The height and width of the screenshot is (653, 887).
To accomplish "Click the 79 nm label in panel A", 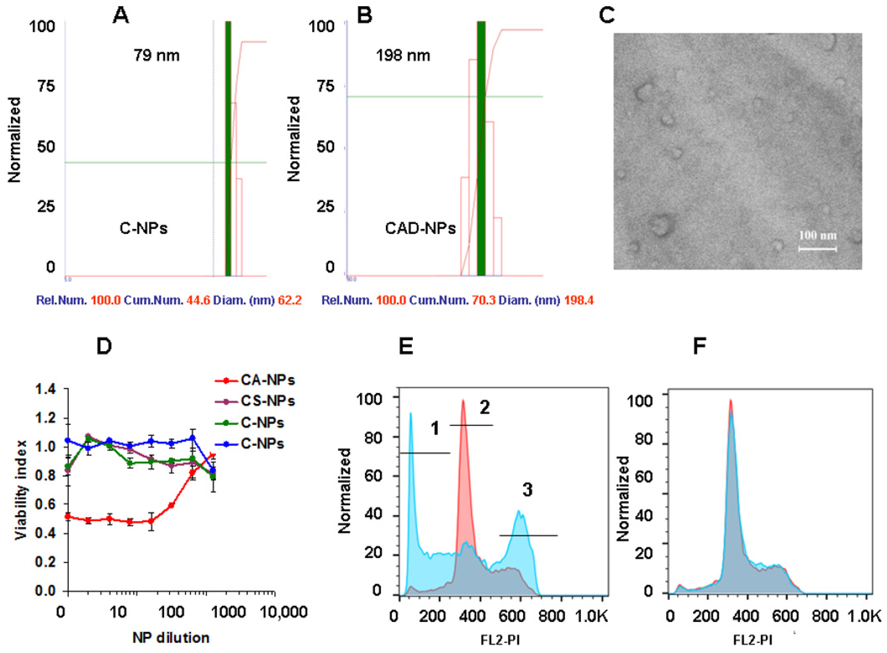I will point(156,55).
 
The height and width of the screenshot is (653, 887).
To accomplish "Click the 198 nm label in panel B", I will point(403,55).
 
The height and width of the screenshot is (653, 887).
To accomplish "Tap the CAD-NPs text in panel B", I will point(420,228).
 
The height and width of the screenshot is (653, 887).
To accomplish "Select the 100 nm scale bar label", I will point(817,236).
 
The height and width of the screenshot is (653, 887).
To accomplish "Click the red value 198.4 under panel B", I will point(579,301).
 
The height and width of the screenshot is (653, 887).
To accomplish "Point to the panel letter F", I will point(699,346).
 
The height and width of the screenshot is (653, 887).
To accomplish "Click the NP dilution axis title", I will point(171,638).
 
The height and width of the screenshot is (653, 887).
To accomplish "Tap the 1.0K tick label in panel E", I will point(593,616).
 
